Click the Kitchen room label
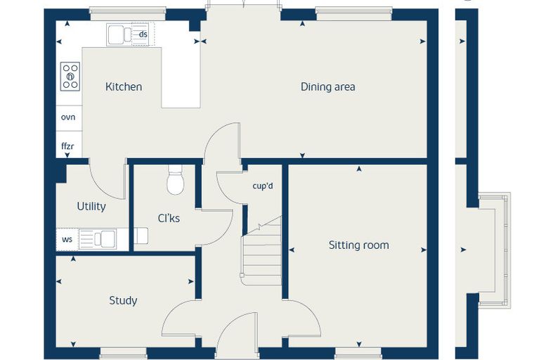coord(124,86)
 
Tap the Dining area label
coord(327,86)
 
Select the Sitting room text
coord(358,245)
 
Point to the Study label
coord(123,300)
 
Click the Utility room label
coord(91,206)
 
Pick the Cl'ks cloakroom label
coord(169,218)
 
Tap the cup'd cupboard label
coord(263,186)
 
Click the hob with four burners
coord(70,77)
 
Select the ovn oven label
coord(68,117)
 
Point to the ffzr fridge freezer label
coord(67,146)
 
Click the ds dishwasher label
coord(143,34)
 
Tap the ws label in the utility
coord(67,239)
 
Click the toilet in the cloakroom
coord(176,180)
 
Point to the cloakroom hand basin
coord(141,236)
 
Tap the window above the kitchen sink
coord(128,14)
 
